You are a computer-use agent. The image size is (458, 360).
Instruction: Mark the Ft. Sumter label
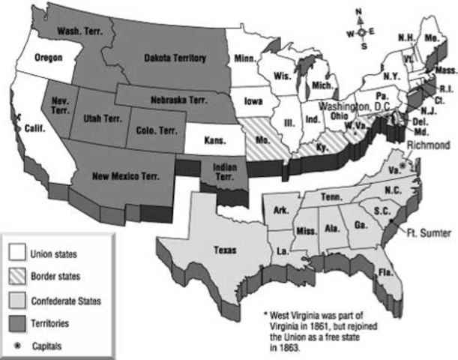tap(427, 234)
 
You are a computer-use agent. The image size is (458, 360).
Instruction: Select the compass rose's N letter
tap(361, 10)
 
